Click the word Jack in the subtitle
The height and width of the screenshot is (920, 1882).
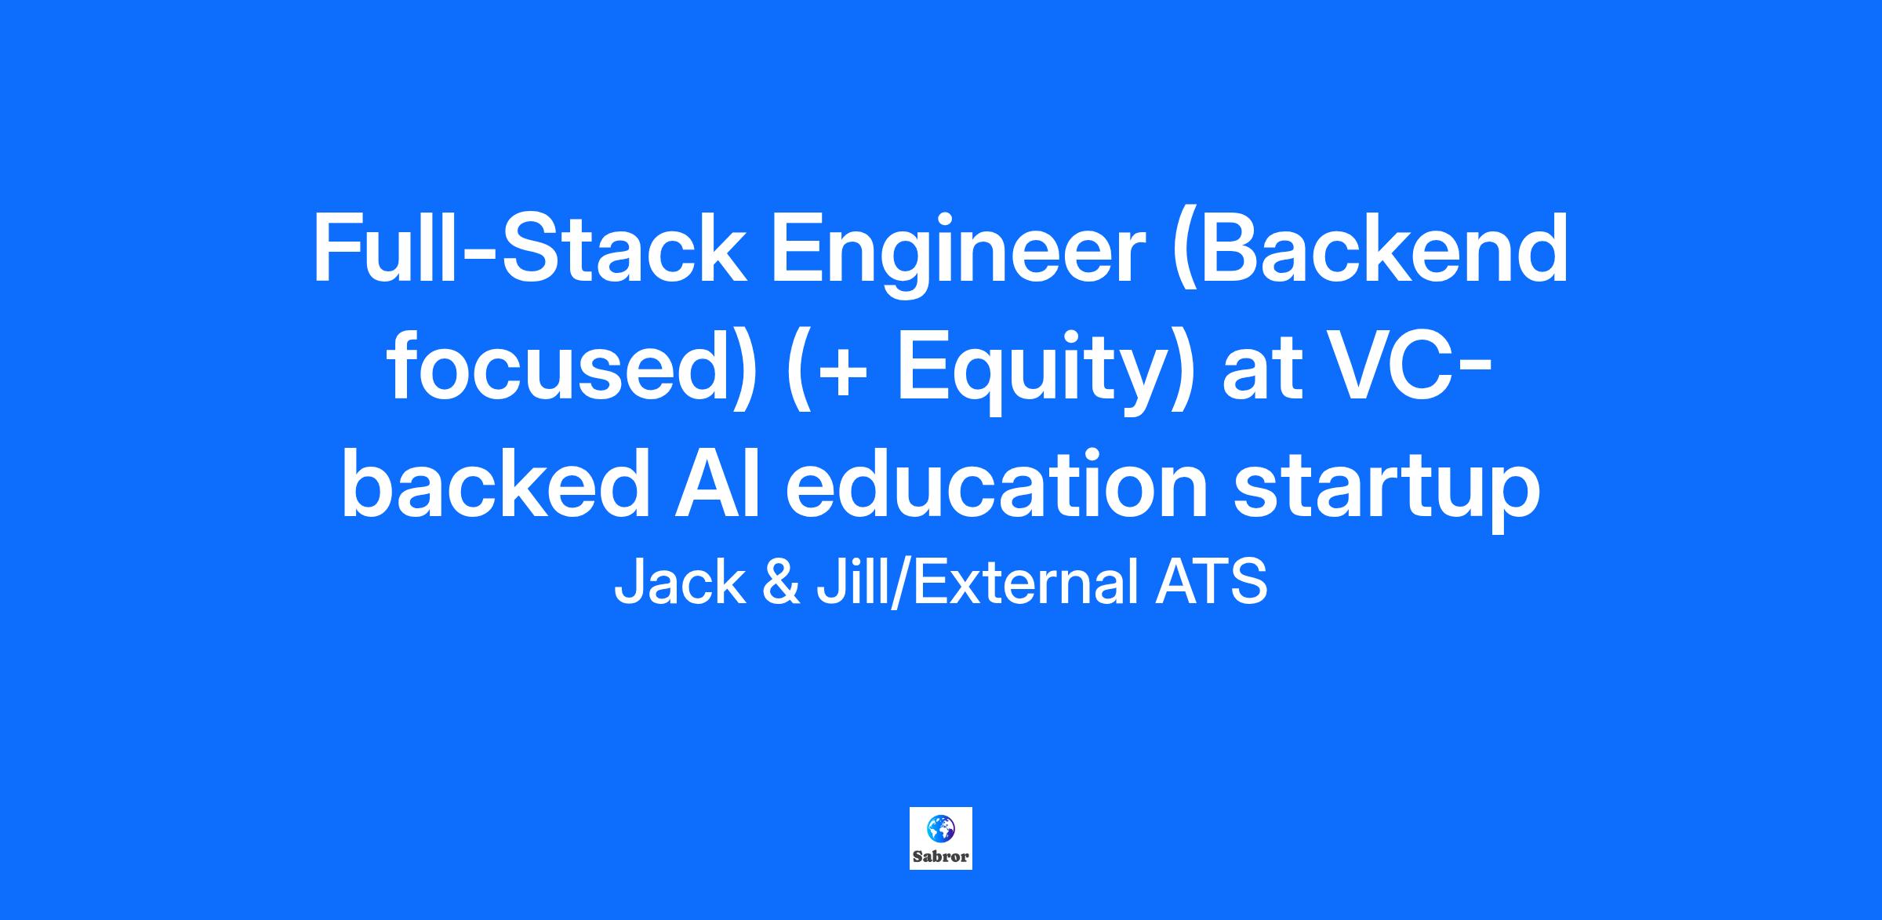coord(679,583)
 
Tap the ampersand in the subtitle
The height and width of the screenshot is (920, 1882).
coord(780,583)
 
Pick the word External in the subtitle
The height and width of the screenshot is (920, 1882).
coord(1024,583)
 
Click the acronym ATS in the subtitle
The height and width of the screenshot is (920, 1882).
coord(1211,583)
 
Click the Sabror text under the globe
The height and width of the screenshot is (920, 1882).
coord(941,856)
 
